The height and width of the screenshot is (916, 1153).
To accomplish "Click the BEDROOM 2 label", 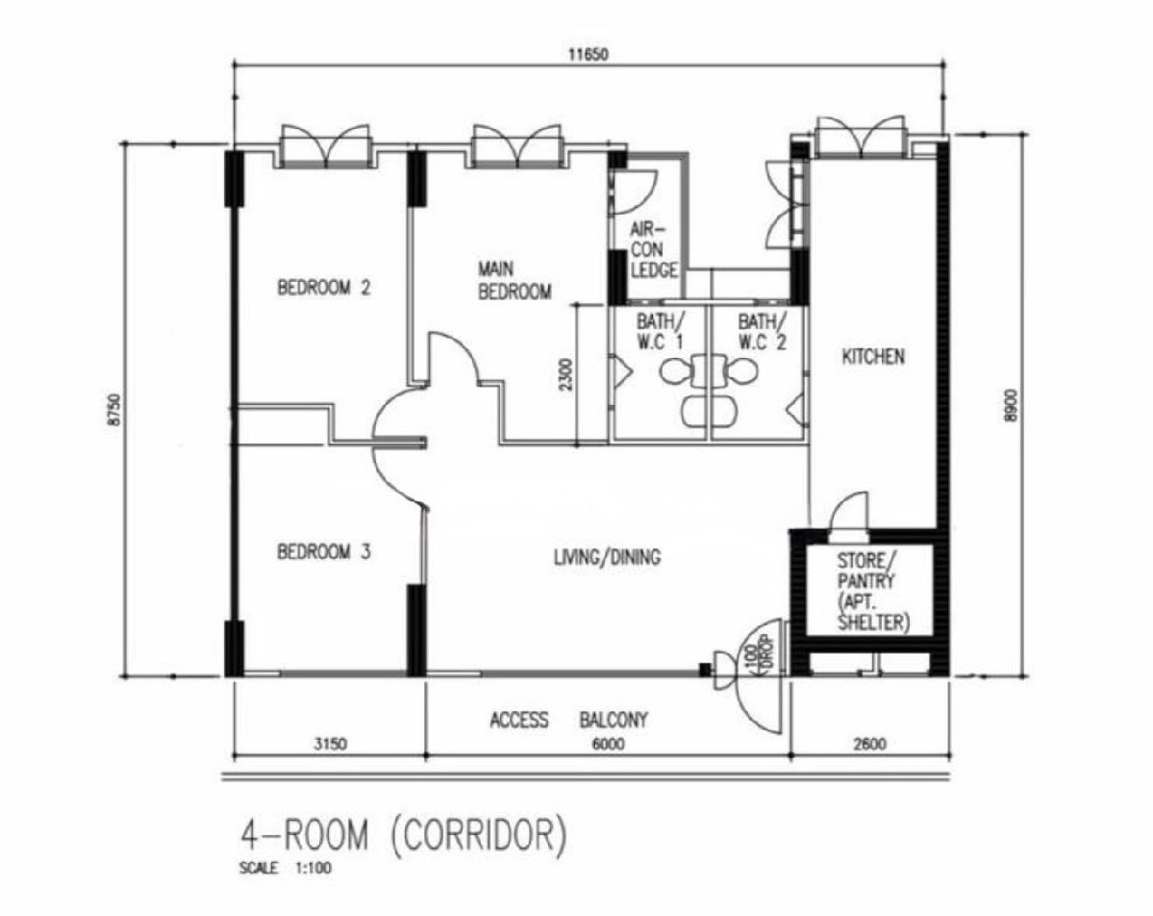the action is click(323, 287).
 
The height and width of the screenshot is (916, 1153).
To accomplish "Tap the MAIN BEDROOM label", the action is click(514, 280).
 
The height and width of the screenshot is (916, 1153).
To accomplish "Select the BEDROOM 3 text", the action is click(323, 551).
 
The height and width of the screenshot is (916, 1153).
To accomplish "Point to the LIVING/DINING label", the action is click(607, 557).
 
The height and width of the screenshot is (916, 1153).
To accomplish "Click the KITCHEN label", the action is click(873, 357).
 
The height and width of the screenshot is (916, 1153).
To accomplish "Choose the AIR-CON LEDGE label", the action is click(654, 249).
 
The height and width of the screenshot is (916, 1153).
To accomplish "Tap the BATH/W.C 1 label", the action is click(661, 332).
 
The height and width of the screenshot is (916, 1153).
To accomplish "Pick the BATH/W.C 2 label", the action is click(763, 332).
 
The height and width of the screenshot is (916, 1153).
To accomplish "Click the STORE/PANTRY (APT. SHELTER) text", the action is click(873, 592).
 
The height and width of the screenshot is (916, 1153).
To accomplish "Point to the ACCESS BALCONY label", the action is click(569, 719).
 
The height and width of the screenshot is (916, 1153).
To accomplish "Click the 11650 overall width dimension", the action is click(589, 55).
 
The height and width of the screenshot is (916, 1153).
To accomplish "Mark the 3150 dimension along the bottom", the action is click(330, 744).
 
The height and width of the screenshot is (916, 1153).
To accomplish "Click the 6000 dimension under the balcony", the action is click(608, 744).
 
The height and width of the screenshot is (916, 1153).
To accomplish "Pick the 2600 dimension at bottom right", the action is click(870, 744).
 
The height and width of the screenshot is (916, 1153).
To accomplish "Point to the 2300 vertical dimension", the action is click(565, 373).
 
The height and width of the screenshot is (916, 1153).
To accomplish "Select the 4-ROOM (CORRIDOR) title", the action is click(405, 836).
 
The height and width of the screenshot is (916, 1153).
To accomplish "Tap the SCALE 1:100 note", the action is click(286, 868).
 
